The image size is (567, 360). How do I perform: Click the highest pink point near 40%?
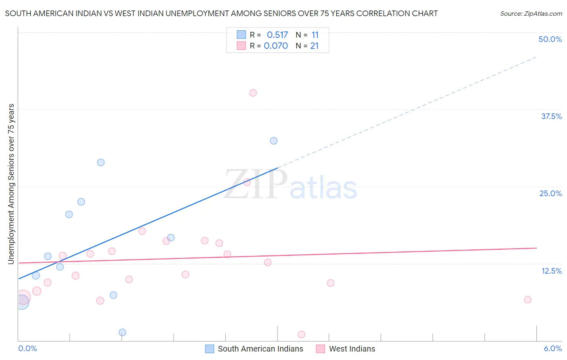[x=253, y=93]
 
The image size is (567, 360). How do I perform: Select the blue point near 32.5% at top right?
[x=273, y=141]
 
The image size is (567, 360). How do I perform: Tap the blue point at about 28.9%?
[x=101, y=163]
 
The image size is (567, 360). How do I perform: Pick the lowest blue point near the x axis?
[x=123, y=333]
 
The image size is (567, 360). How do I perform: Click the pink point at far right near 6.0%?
[x=527, y=300]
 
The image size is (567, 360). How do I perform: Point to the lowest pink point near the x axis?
[x=301, y=335]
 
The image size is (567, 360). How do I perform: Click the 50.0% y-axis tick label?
[x=550, y=40]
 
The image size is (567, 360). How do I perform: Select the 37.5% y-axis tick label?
[x=551, y=117]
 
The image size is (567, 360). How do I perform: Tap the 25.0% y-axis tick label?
[x=550, y=194]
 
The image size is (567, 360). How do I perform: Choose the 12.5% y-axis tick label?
[x=551, y=271]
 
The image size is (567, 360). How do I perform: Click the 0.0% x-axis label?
[x=28, y=349]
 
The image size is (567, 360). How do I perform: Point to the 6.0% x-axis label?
[x=552, y=349]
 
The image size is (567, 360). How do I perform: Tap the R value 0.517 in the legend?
[x=277, y=35]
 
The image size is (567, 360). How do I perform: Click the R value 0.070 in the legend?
[x=276, y=46]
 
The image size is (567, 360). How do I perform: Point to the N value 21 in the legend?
[x=315, y=46]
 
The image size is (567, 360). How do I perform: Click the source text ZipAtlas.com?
[x=543, y=14]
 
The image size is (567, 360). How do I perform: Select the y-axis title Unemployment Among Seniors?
[x=11, y=184]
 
